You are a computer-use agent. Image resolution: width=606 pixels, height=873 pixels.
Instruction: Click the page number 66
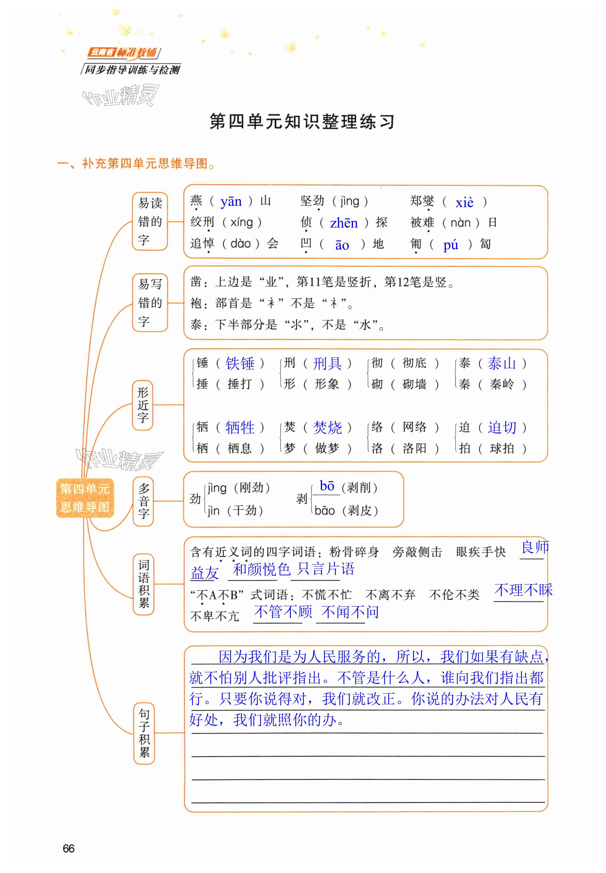(x=68, y=848)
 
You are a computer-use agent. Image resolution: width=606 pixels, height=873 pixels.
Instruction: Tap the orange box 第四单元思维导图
(x=85, y=498)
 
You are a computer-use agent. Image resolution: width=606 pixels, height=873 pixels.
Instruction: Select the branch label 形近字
(x=143, y=405)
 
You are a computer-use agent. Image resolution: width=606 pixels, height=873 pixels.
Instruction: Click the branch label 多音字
(x=143, y=501)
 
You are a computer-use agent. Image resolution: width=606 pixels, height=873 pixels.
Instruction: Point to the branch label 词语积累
(x=144, y=584)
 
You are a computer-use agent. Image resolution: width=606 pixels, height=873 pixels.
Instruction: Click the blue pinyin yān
(x=231, y=201)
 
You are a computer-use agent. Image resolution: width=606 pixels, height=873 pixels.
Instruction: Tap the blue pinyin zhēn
(x=344, y=223)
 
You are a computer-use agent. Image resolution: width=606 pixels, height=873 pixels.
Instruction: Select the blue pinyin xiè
(x=464, y=202)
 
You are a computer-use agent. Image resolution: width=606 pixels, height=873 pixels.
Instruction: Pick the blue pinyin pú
(x=451, y=245)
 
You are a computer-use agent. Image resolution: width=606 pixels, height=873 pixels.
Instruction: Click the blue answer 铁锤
(x=240, y=363)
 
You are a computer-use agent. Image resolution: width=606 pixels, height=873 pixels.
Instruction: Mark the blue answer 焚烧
(x=327, y=427)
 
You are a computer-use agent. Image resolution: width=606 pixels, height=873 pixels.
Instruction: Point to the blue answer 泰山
(x=501, y=363)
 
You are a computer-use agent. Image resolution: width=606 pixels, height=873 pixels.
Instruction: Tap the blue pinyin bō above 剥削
(x=327, y=486)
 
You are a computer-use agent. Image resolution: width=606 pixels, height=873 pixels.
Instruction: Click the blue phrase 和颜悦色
(x=261, y=569)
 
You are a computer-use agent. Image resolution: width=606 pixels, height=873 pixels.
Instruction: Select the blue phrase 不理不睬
(x=523, y=590)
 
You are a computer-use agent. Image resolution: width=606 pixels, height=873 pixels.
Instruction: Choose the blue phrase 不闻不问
(x=350, y=611)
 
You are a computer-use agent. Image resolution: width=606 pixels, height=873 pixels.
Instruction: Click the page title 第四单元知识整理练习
(x=302, y=121)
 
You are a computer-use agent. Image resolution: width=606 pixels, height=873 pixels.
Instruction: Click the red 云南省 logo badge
(x=101, y=52)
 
